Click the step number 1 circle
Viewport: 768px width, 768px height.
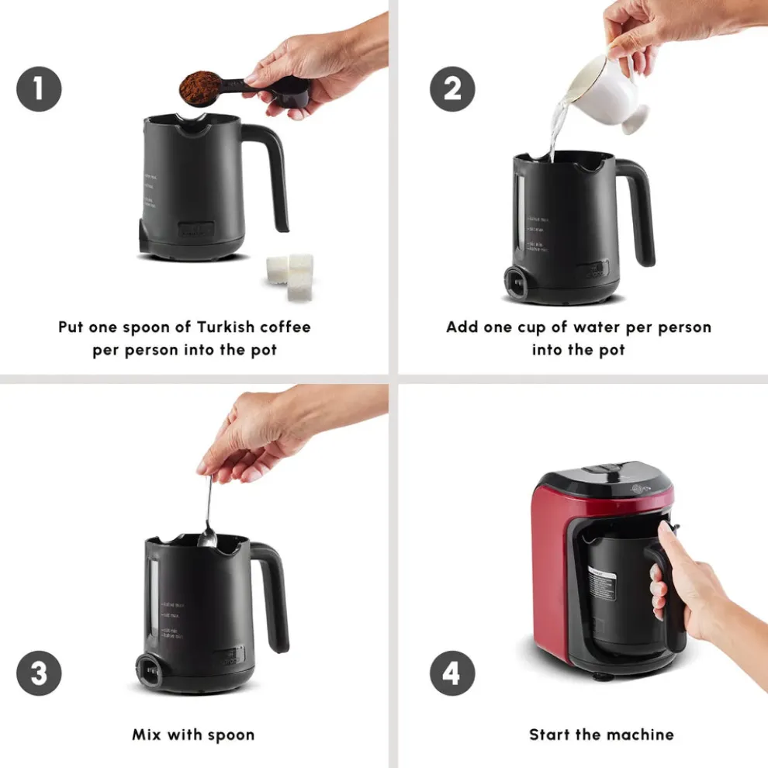tap(39, 89)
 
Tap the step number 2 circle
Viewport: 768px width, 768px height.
tap(452, 89)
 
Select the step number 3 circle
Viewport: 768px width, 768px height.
tap(39, 672)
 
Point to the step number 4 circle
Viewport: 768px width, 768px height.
tap(451, 672)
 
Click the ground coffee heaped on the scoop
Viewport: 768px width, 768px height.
tap(199, 88)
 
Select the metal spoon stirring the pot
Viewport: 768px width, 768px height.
tap(208, 512)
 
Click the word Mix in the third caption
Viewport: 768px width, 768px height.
tap(147, 735)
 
